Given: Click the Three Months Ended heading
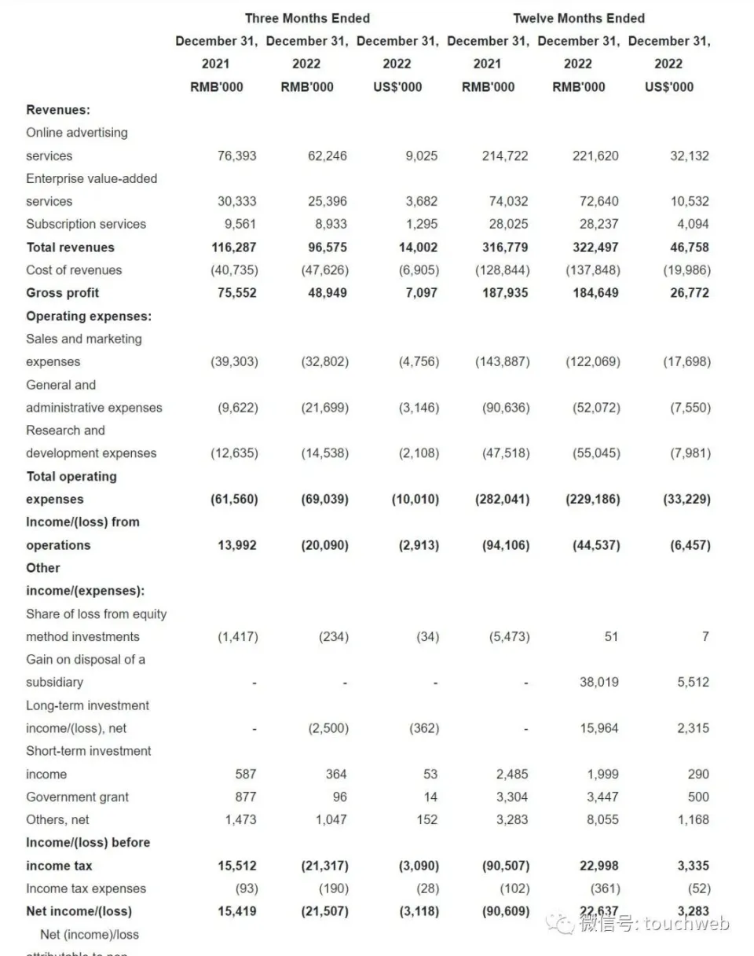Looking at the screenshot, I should [307, 18].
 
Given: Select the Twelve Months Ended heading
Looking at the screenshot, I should [579, 18].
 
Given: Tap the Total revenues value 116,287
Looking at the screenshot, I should [233, 247].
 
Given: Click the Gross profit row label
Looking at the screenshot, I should [63, 293].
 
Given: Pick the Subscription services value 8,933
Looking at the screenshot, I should [327, 224].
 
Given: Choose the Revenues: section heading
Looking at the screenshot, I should [58, 110].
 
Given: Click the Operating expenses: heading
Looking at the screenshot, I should [89, 316].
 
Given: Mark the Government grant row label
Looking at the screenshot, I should [78, 797].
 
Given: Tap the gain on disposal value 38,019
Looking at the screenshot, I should [598, 682].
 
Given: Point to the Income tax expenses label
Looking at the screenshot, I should [86, 888].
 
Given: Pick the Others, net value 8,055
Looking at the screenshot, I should [602, 819].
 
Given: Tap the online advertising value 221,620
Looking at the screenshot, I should [595, 156].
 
